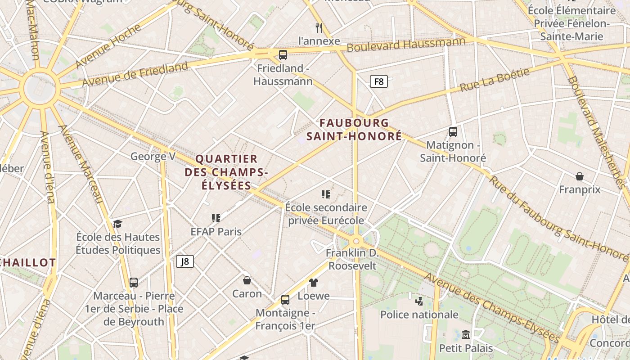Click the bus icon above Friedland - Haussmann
click(x=283, y=55)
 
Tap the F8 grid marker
click(x=378, y=81)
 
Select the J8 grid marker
click(x=185, y=261)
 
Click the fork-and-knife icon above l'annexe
click(x=319, y=28)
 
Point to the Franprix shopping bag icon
click(x=580, y=176)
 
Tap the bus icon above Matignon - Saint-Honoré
click(x=453, y=132)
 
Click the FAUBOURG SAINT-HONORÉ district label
click(x=354, y=129)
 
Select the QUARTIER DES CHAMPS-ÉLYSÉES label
click(x=226, y=172)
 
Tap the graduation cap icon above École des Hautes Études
click(x=117, y=224)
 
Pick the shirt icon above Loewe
click(x=313, y=283)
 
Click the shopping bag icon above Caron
click(x=247, y=281)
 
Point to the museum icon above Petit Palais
click(x=466, y=334)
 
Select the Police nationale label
click(x=419, y=315)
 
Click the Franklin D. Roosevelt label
click(x=352, y=260)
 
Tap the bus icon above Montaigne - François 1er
click(x=285, y=299)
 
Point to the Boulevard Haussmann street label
click(x=406, y=45)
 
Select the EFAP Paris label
click(x=216, y=232)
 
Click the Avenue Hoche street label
click(x=108, y=46)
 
